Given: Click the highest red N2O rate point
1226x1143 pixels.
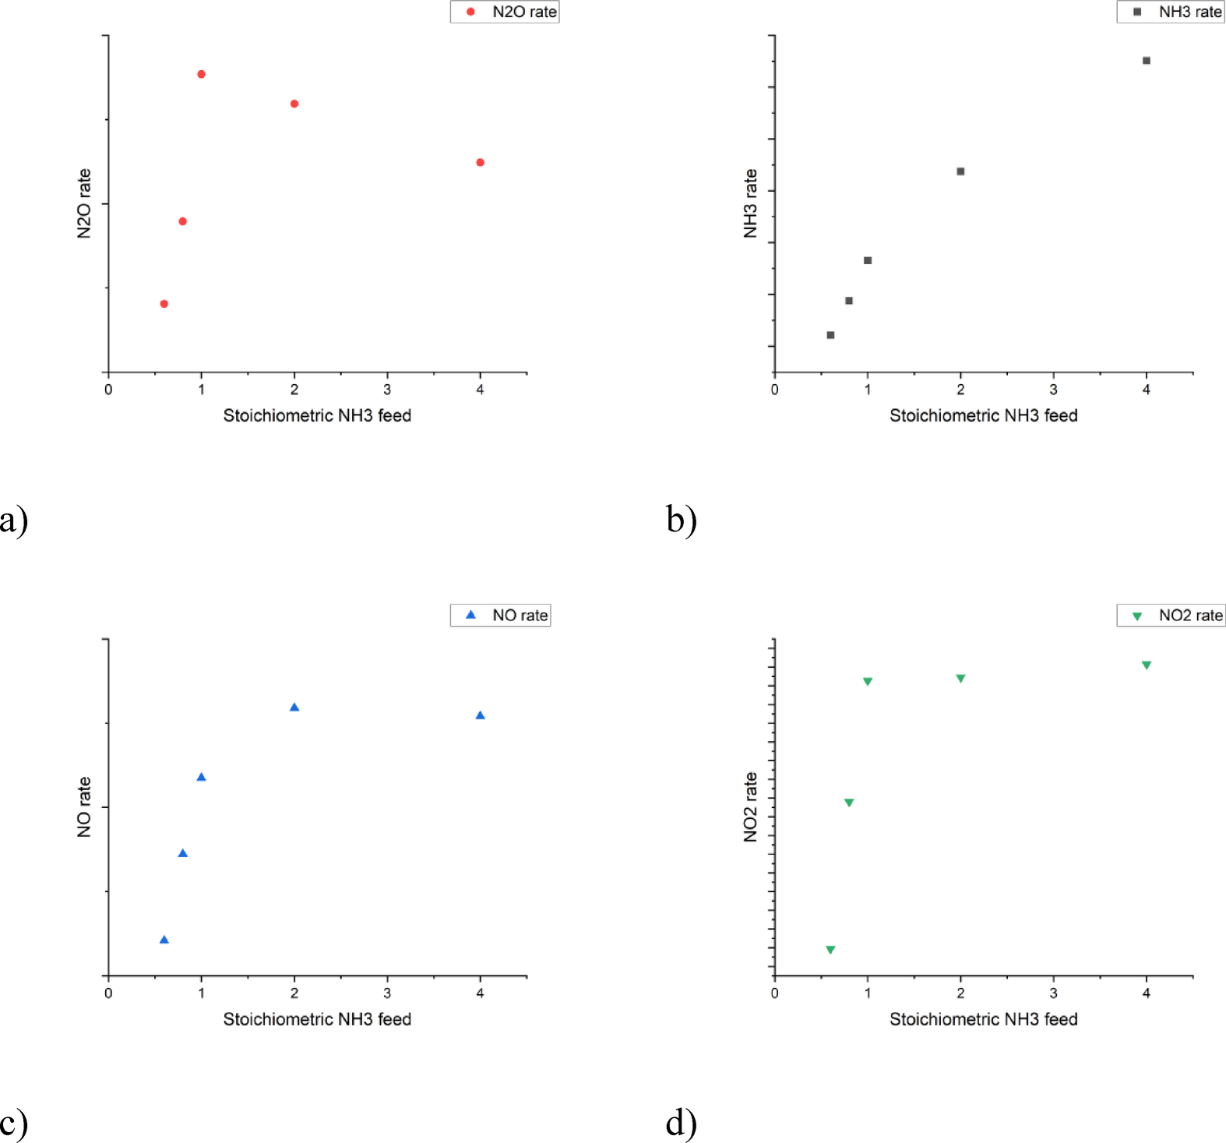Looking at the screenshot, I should [x=201, y=74].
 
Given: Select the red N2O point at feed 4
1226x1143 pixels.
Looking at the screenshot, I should [x=480, y=162].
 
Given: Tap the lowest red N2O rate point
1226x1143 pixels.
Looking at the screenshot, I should [x=164, y=304].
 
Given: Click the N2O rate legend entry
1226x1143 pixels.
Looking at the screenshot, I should [x=505, y=12].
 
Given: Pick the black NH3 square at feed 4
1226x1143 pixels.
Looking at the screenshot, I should [x=1146, y=61].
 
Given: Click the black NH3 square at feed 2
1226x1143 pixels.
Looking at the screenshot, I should [x=960, y=171].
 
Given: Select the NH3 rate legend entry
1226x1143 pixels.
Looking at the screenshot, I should [x=1171, y=12].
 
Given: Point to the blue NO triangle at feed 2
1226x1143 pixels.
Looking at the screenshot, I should [x=294, y=707].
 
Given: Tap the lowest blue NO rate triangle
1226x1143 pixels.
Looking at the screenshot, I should [x=164, y=940].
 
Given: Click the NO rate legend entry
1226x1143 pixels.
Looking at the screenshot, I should [x=501, y=616].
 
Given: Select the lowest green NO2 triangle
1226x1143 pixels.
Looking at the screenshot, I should [x=830, y=950].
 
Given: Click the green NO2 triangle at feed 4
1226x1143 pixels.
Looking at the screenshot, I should [x=1146, y=665].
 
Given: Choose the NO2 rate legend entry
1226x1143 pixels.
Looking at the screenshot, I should [x=1171, y=616].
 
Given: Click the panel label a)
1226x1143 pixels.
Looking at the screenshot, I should [x=14, y=520].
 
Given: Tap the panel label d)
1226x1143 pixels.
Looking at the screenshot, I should [x=681, y=1123].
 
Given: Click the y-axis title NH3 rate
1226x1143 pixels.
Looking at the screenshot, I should [x=750, y=203].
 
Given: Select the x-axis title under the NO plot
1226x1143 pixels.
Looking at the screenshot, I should [x=317, y=1019].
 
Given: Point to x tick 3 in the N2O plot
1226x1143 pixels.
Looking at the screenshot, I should [x=387, y=390].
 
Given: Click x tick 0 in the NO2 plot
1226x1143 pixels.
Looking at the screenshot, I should [x=774, y=993].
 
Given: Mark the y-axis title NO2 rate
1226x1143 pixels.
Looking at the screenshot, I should [x=750, y=806].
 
